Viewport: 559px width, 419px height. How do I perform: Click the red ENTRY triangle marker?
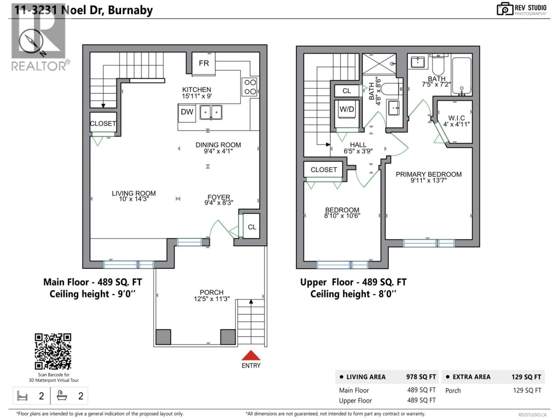(251, 355)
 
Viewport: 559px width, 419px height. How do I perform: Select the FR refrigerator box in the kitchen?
(204, 63)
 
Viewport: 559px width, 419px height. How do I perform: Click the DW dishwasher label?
(187, 112)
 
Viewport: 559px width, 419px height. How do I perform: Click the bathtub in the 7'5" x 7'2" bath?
(461, 76)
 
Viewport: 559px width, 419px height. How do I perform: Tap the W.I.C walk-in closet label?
(456, 118)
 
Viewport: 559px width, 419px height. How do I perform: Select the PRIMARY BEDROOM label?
(429, 174)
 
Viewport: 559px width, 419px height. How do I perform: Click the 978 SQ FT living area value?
(421, 377)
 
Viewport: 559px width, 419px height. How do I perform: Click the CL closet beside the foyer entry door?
(252, 227)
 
